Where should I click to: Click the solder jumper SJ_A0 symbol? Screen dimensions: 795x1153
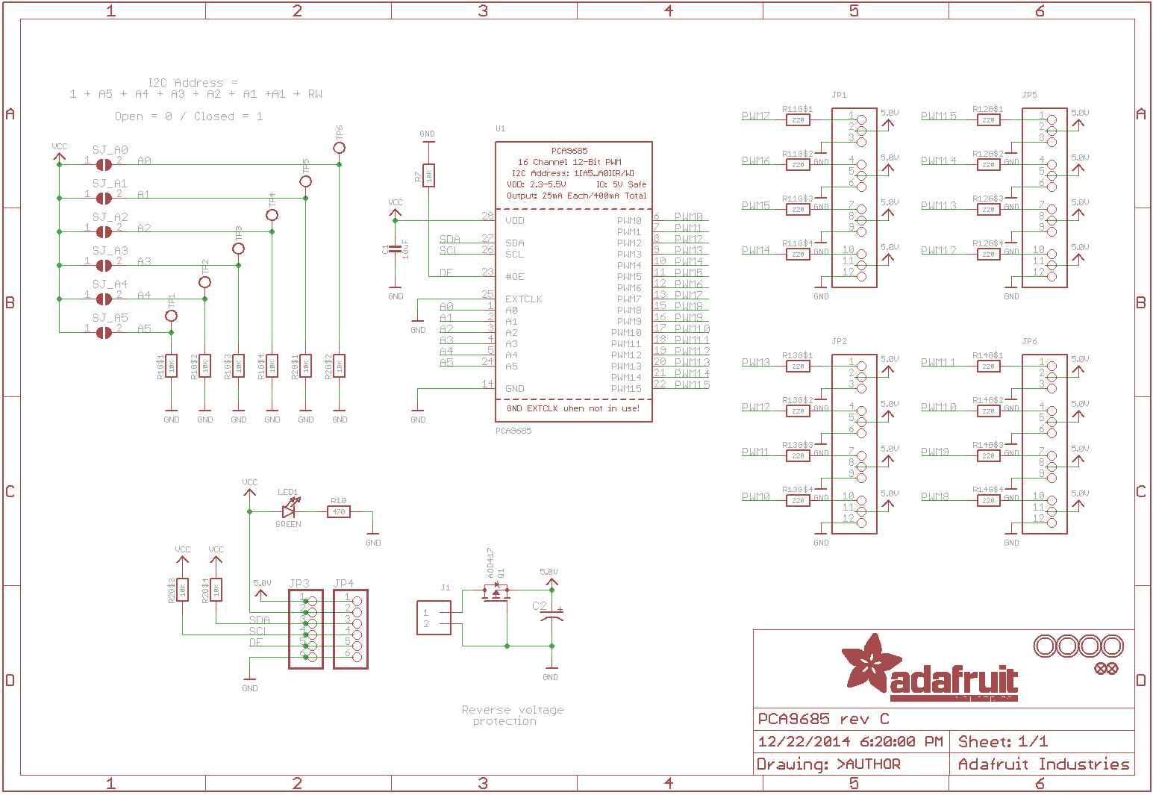(x=104, y=164)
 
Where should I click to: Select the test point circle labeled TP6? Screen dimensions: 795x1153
(x=340, y=148)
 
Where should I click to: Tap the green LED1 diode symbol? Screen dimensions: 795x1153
(x=289, y=511)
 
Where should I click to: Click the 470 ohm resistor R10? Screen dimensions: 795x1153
(x=339, y=512)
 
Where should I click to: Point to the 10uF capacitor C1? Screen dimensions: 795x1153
(x=396, y=249)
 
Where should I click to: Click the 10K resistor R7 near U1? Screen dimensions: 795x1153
(x=428, y=175)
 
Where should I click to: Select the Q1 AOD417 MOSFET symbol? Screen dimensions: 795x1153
(x=496, y=593)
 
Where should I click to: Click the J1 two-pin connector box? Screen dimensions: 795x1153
(x=434, y=618)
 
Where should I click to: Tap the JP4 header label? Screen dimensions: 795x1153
(x=344, y=583)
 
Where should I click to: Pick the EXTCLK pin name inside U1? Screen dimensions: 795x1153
(x=524, y=299)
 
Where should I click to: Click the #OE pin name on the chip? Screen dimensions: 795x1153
(x=515, y=277)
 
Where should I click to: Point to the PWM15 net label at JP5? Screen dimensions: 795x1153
(x=939, y=116)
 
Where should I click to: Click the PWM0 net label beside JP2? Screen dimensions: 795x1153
(x=756, y=497)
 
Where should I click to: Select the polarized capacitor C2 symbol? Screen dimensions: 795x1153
(x=551, y=617)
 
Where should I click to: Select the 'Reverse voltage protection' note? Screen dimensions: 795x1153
(x=513, y=715)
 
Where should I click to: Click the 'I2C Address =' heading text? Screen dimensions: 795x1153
(x=193, y=83)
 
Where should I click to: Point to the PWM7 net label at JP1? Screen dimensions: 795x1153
(x=756, y=116)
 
